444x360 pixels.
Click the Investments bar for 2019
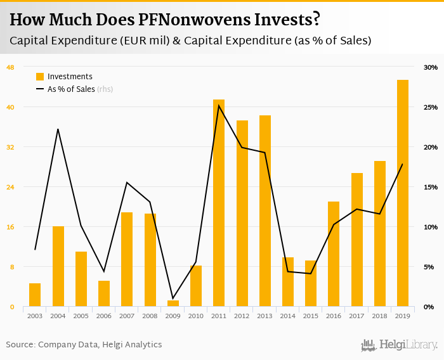pos(403,193)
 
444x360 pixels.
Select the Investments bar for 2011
pos(219,203)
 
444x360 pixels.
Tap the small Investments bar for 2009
pos(173,304)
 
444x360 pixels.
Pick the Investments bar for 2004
pos(58,266)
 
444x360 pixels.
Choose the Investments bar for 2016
pos(334,254)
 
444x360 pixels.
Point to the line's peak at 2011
pos(219,105)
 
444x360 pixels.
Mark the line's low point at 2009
pos(173,298)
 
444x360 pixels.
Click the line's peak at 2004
pos(58,129)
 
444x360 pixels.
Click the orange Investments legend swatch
pos(40,77)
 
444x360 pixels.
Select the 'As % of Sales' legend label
pos(71,89)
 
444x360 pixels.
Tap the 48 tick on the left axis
pos(10,67)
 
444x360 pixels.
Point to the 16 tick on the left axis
pos(10,227)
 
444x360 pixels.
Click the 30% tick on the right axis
pos(431,67)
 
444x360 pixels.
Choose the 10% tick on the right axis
pos(431,227)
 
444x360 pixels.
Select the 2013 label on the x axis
pos(264,316)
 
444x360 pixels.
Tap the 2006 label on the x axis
pos(104,316)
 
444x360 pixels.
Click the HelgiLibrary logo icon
pos(368,345)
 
